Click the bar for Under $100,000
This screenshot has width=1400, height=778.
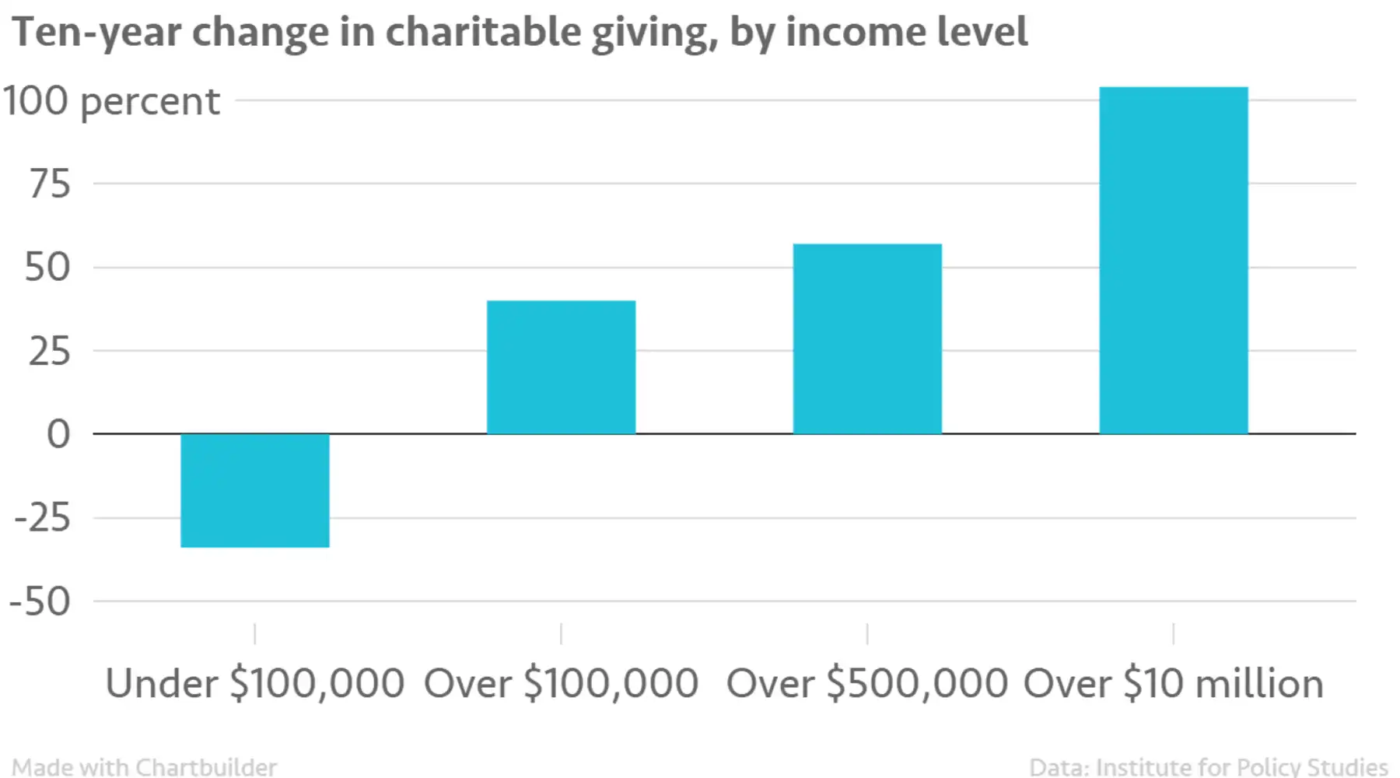[255, 490]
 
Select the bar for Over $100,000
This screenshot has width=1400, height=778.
[561, 367]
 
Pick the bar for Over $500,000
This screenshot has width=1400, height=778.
[867, 338]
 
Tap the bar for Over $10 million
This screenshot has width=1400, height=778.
[1173, 261]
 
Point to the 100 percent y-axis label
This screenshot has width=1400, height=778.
[111, 101]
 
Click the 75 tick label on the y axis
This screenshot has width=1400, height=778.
[50, 184]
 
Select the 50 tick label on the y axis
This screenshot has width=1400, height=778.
[48, 268]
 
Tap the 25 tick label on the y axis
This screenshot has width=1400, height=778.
[50, 352]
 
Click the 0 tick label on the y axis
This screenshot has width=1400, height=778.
[58, 434]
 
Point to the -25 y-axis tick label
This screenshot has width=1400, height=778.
[43, 517]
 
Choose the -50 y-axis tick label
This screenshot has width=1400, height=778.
[40, 601]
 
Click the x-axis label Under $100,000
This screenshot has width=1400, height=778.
[255, 684]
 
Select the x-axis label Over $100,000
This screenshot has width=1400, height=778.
[561, 684]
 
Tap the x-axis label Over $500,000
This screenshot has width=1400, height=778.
[867, 684]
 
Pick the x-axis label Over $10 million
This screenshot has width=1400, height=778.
[1173, 684]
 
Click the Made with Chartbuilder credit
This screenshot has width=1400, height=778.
[145, 766]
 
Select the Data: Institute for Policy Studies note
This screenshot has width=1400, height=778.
[1208, 766]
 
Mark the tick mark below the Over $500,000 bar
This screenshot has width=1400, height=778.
[867, 633]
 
